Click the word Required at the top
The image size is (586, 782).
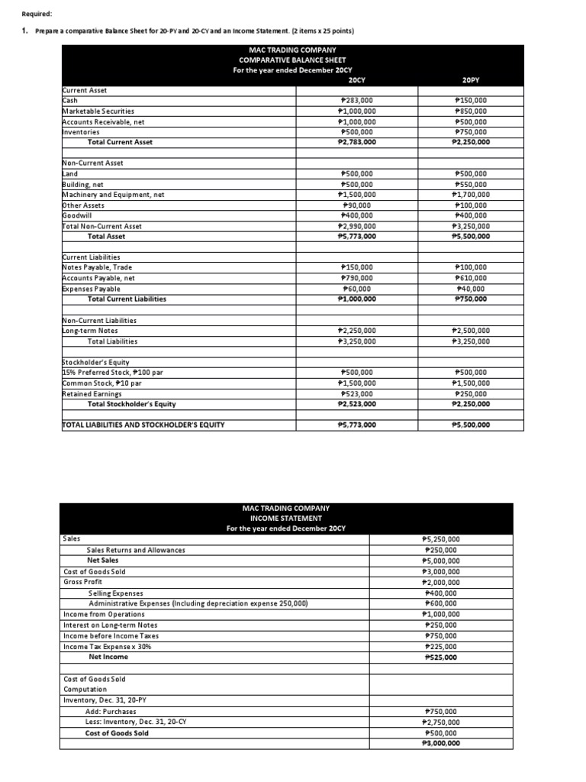[x=33, y=13]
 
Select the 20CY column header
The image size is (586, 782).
[x=356, y=79]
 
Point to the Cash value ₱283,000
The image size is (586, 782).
[x=356, y=100]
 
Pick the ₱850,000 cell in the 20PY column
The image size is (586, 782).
[x=472, y=111]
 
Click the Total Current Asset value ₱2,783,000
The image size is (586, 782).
[x=356, y=142]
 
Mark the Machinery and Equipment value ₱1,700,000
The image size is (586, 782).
[x=472, y=195]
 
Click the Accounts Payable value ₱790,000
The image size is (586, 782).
[x=356, y=278]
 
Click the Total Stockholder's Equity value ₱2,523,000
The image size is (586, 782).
[x=356, y=404]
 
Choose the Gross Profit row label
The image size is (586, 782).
[x=83, y=582]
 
